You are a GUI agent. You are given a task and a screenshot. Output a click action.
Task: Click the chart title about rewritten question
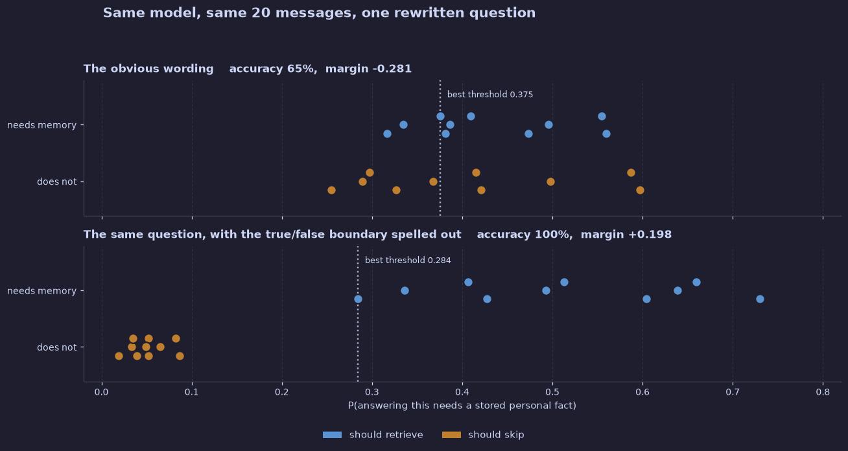pos(319,13)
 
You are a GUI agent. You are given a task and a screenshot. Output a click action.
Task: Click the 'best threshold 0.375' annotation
pos(490,94)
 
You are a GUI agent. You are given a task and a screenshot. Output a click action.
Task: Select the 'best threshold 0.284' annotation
pos(408,260)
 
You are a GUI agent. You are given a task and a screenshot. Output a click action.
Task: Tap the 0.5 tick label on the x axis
pos(552,392)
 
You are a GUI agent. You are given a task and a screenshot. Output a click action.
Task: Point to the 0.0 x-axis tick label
pos(101,392)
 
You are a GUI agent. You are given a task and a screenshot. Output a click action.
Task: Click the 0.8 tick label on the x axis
pos(823,392)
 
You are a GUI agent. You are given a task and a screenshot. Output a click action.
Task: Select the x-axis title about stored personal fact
pos(462,406)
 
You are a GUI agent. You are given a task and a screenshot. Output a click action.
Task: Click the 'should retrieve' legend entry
pos(373,435)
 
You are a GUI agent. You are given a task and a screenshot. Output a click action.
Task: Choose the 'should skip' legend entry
pos(483,435)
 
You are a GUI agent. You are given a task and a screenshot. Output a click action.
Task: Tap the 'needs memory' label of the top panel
pos(41,125)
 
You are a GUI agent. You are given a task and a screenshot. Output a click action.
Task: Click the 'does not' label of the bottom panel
pos(57,347)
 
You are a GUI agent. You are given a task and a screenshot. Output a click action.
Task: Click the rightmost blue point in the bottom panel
pos(760,299)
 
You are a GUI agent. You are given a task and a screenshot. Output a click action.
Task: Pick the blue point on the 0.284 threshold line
pos(358,299)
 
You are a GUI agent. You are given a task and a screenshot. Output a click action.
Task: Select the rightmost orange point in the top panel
pos(640,190)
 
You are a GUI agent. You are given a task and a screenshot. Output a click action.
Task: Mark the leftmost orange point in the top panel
pos(331,190)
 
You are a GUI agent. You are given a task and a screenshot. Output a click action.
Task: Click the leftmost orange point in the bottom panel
pos(119,356)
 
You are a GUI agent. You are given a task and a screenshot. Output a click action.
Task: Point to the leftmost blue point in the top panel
pos(387,133)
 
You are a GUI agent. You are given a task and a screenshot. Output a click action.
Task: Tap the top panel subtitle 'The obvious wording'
pos(148,69)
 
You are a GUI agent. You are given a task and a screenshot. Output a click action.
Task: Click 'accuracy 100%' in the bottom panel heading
pos(524,234)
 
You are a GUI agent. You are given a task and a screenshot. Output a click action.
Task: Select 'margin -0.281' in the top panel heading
pos(368,69)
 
